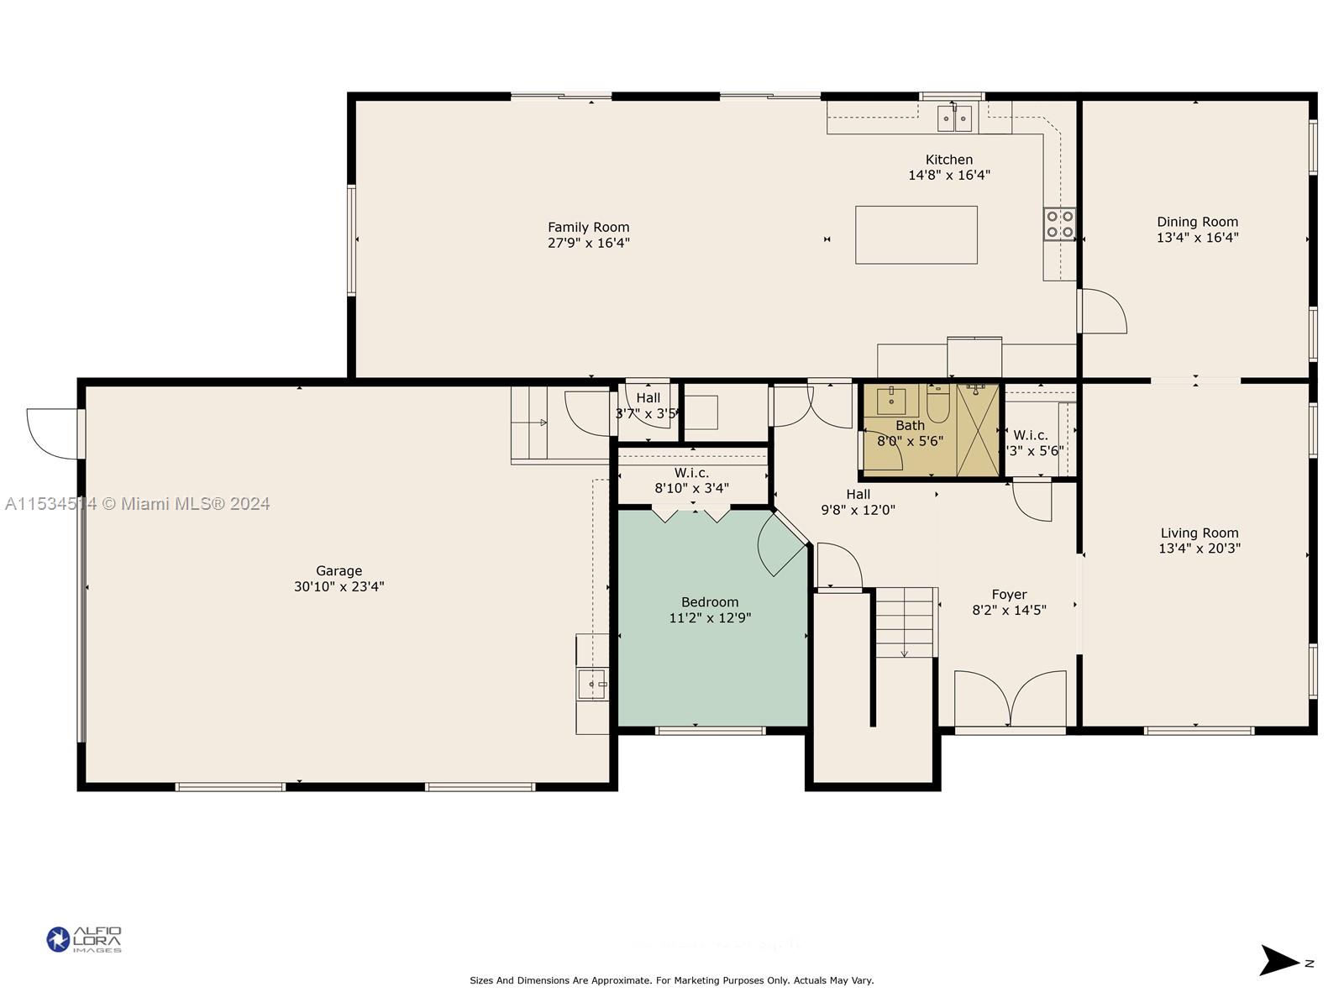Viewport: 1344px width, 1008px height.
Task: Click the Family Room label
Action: [588, 228]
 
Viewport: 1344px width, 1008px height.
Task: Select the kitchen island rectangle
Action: [916, 235]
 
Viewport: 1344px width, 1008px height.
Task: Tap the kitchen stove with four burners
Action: [1059, 223]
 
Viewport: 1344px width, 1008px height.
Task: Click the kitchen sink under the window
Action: [955, 118]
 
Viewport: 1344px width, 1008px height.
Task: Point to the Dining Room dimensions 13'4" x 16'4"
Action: [1197, 238]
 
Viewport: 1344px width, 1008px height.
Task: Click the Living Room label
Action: [1199, 533]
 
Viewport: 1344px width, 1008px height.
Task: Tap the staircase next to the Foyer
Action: [905, 622]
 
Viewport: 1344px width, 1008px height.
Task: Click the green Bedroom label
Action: [710, 602]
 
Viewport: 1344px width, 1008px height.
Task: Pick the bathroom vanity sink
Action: [890, 402]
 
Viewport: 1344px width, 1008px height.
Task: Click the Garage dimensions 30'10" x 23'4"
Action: [339, 586]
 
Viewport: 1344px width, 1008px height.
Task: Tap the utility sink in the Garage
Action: [592, 685]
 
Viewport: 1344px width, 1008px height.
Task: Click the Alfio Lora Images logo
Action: [84, 939]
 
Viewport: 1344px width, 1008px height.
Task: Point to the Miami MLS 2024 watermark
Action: [137, 504]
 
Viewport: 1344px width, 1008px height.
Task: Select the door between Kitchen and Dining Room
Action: [1100, 312]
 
